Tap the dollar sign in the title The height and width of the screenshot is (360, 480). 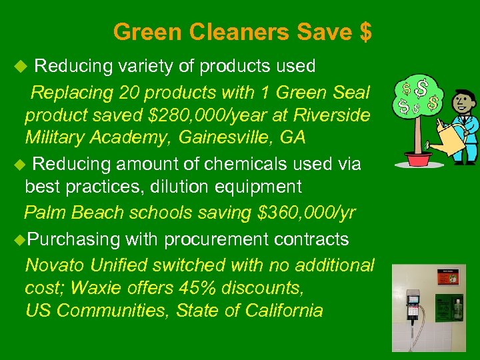click(x=365, y=31)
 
